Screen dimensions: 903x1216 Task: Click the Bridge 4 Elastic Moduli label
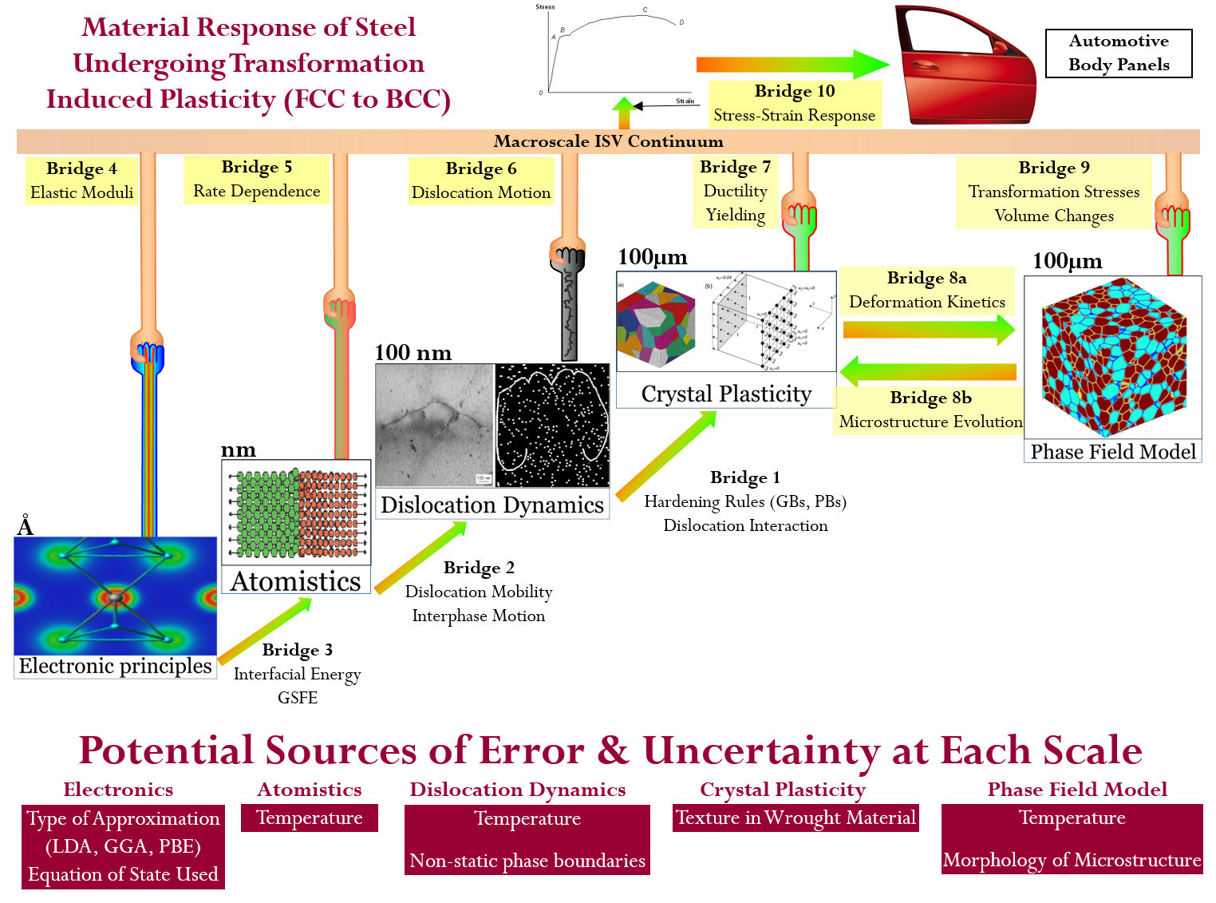(81, 180)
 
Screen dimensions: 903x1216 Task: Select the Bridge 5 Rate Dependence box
(256, 180)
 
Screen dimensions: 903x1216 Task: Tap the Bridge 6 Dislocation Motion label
(481, 181)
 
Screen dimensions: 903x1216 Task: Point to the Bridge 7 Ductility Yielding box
(735, 192)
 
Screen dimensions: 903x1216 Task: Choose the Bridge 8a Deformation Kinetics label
(926, 291)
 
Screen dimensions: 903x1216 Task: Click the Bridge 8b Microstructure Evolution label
(930, 410)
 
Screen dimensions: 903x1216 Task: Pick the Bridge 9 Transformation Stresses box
(1053, 192)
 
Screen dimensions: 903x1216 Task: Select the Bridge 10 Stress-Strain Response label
(794, 104)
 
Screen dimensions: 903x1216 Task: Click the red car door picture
(965, 65)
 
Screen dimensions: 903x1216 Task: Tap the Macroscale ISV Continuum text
(608, 141)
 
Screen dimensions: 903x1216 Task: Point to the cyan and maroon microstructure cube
(1112, 357)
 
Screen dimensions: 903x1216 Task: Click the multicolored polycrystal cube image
(655, 324)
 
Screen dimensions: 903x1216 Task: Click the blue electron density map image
(115, 596)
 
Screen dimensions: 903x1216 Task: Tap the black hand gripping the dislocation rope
(567, 255)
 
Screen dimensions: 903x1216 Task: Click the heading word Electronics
(118, 790)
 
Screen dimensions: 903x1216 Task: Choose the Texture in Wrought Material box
(795, 818)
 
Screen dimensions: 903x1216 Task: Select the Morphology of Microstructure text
(1072, 860)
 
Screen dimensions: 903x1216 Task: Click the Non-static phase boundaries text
(527, 861)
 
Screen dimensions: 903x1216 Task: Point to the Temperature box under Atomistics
(310, 818)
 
